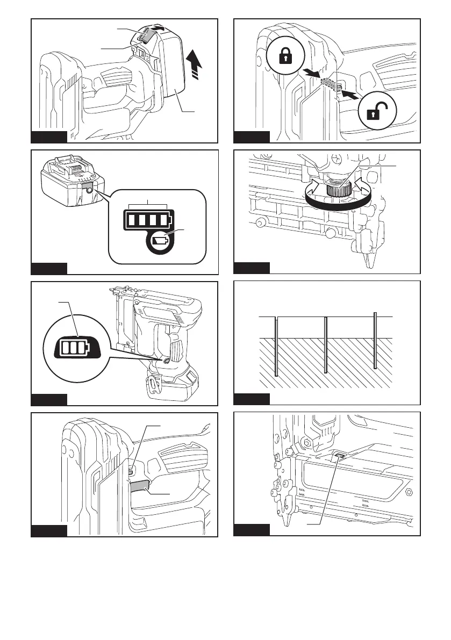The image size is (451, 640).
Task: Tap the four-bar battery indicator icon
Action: coord(148,220)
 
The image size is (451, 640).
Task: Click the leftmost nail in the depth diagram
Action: coord(276,347)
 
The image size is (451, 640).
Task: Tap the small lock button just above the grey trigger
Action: coord(132,471)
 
